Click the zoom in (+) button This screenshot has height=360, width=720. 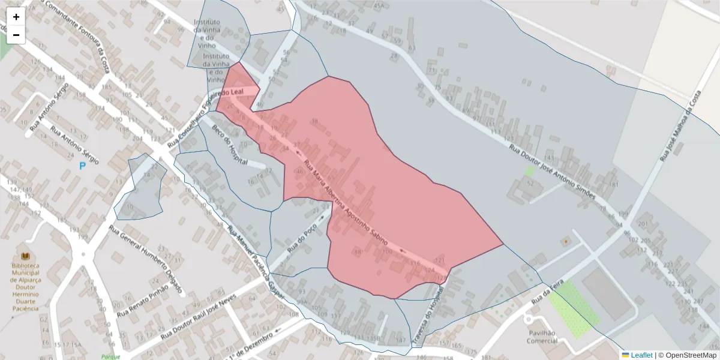[x=16, y=17]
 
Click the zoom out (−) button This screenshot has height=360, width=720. [x=16, y=35]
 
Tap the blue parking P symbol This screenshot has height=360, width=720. [x=82, y=166]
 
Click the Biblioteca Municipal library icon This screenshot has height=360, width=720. [x=25, y=256]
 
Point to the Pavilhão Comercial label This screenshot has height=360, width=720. [x=542, y=337]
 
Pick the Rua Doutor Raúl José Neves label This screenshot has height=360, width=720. [x=199, y=319]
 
